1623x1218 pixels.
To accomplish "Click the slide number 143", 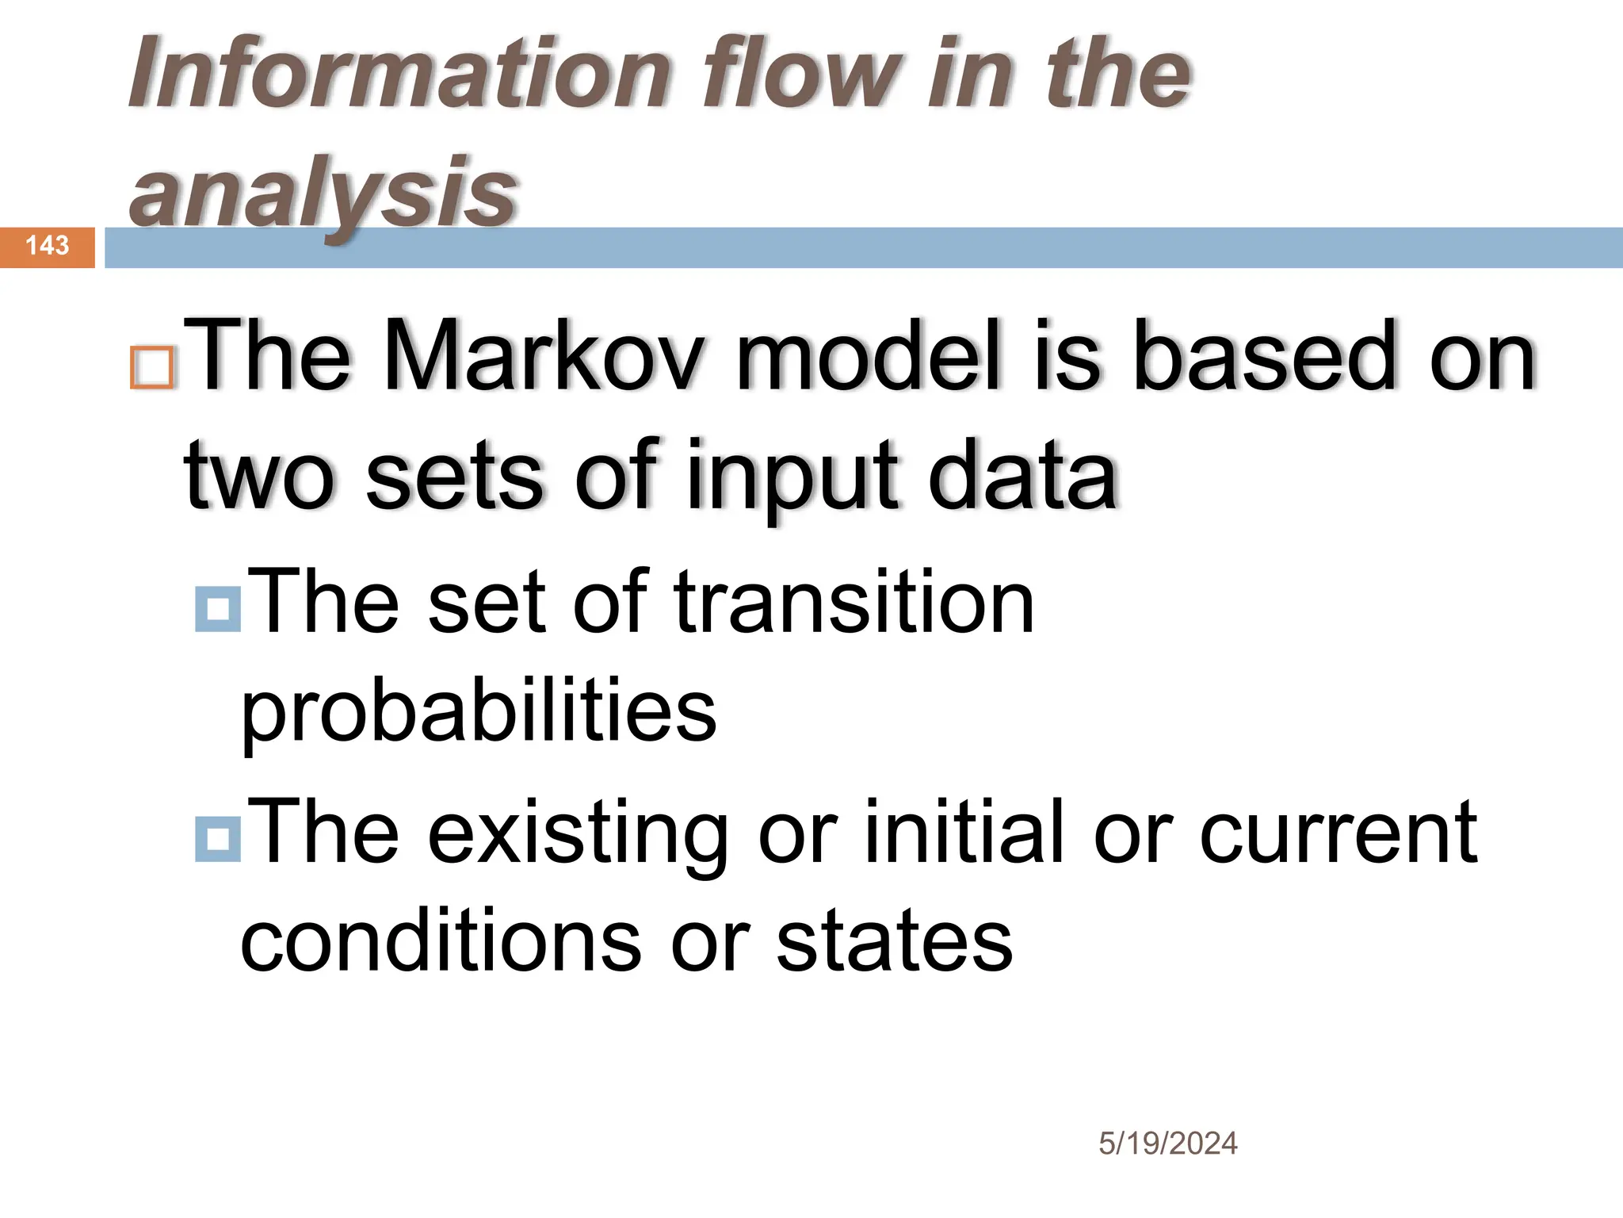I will (x=48, y=246).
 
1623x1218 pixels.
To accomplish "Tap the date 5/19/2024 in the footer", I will (x=1167, y=1143).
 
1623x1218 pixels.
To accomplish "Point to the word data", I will (x=1022, y=476).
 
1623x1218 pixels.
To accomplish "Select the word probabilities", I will (x=479, y=714).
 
